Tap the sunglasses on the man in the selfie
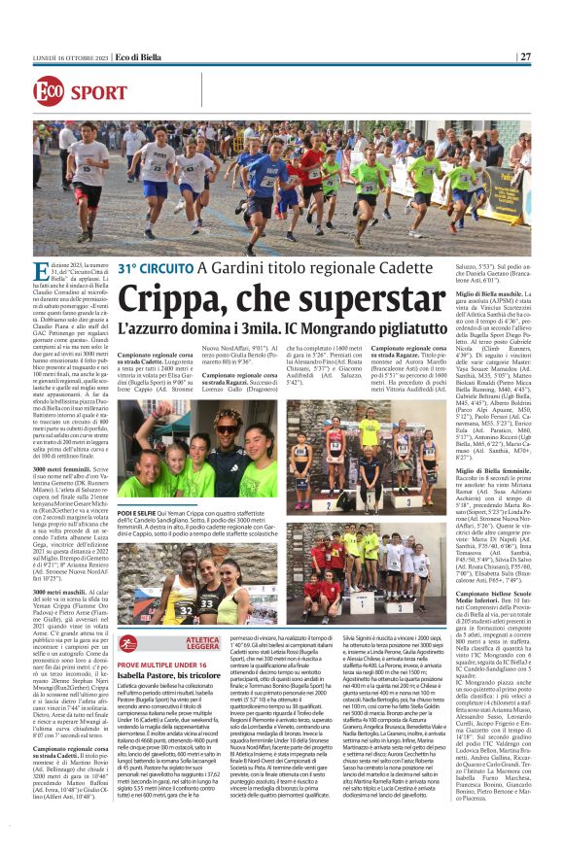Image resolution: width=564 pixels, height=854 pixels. [226, 428]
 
